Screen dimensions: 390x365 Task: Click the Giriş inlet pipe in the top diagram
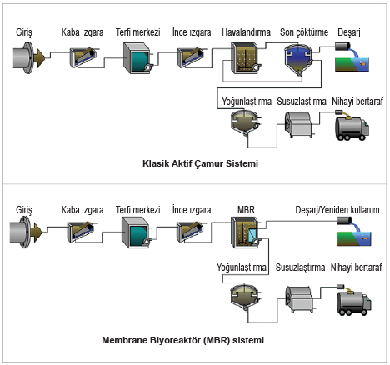tap(27, 57)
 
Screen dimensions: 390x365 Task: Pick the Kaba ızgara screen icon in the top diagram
tap(83, 57)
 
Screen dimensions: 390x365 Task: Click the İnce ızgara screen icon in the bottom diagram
tap(191, 232)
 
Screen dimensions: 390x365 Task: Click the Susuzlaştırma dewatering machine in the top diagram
tap(299, 124)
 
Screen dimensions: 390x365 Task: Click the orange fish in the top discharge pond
tap(362, 64)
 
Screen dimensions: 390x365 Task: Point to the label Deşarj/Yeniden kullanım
tap(337, 210)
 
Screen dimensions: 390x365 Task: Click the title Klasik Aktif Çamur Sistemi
tap(200, 163)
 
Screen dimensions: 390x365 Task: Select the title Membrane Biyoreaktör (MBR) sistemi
tap(182, 340)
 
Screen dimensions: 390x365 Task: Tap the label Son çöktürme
tap(304, 32)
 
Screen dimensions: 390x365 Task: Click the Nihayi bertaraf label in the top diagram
tap(357, 102)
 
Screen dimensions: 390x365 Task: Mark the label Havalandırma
tap(246, 32)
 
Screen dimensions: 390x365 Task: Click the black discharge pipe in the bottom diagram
tap(344, 221)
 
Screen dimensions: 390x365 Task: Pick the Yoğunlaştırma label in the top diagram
tap(247, 102)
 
